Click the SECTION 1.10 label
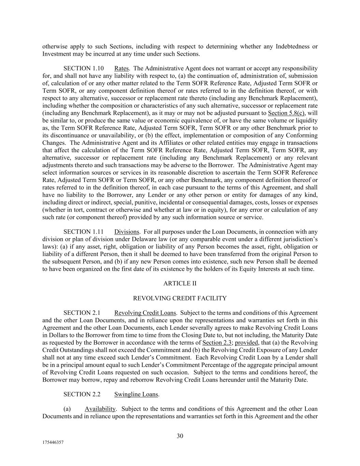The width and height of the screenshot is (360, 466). point(83,69)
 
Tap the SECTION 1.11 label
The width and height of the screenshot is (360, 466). point(83,232)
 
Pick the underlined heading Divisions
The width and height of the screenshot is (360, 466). point(127,232)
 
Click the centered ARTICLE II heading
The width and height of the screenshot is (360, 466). point(180,283)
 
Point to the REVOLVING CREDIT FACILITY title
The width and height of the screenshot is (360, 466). point(179,298)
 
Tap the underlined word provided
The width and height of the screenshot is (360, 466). point(246,342)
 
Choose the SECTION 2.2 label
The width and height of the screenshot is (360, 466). point(82,394)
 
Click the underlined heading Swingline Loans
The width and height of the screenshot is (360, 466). point(136,394)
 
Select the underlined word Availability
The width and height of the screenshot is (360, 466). point(100,409)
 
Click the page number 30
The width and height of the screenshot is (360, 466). point(180,436)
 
